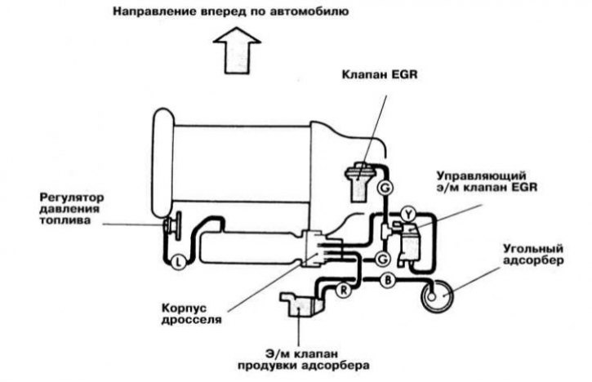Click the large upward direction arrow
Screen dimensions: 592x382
(x=237, y=51)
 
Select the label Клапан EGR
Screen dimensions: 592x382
(x=380, y=74)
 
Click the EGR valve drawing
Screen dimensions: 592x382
(x=358, y=181)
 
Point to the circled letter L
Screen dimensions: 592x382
(x=178, y=261)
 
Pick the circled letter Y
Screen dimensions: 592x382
(x=407, y=215)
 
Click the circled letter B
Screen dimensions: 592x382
(x=387, y=281)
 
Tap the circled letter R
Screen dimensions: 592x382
(x=344, y=291)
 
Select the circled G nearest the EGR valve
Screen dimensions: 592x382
(x=385, y=188)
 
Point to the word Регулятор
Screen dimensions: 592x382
(x=72, y=198)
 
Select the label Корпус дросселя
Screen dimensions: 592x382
(x=191, y=313)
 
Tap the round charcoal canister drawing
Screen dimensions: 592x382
(x=437, y=296)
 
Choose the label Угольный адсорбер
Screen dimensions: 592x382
(x=533, y=255)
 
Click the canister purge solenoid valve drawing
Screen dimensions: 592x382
(x=301, y=304)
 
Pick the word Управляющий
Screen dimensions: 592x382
(x=481, y=176)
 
